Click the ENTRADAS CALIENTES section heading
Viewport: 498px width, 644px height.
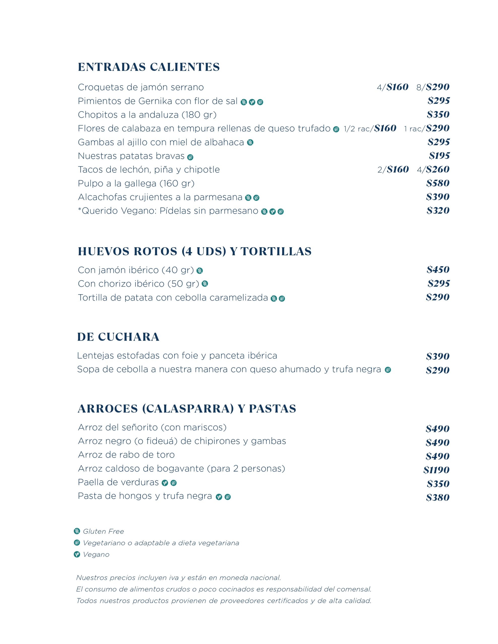click(149, 67)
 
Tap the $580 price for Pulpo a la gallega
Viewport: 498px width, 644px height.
click(438, 183)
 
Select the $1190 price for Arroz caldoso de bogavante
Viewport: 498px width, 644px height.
click(436, 470)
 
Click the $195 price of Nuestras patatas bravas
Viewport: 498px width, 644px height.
click(439, 156)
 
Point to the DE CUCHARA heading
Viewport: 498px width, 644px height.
click(118, 337)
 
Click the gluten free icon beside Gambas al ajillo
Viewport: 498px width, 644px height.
click(250, 143)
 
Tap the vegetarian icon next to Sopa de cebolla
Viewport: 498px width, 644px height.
click(387, 370)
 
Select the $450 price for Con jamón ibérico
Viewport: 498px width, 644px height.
click(438, 269)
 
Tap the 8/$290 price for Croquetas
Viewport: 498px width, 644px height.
click(433, 87)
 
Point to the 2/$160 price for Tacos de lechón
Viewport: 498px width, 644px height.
click(393, 170)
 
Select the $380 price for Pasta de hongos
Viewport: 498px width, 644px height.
click(438, 497)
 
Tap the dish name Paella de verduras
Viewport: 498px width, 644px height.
click(118, 482)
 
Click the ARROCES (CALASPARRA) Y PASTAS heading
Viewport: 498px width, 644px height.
click(187, 409)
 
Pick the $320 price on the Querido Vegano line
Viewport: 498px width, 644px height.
click(438, 211)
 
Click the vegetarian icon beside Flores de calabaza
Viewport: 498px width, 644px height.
click(336, 129)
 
